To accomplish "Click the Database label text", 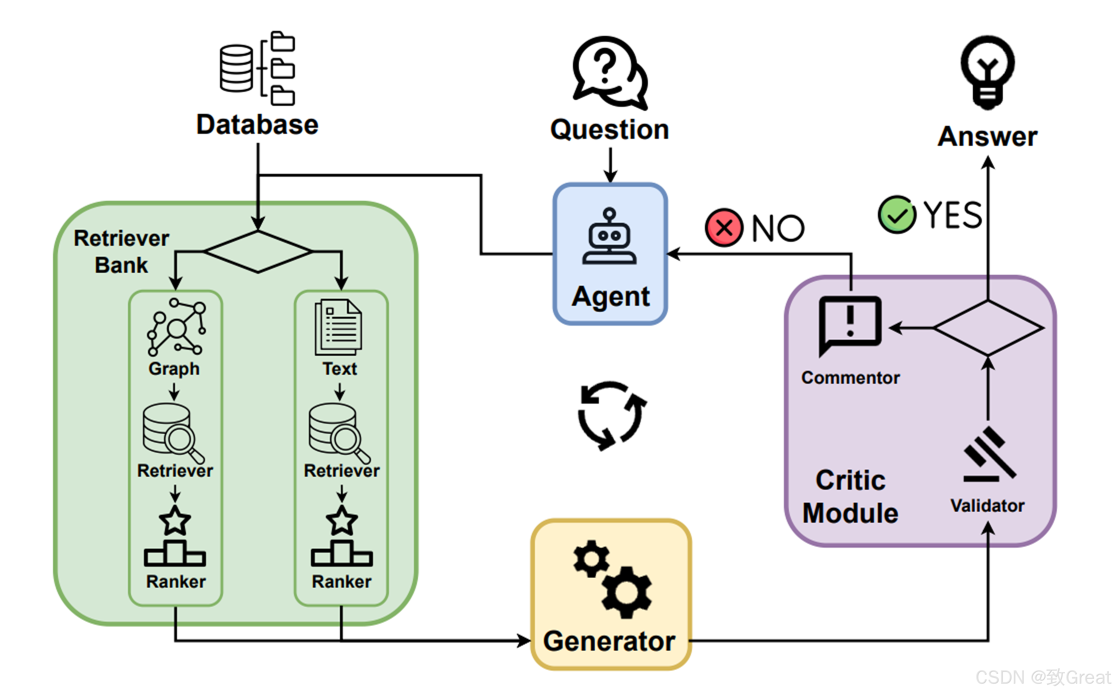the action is (257, 125).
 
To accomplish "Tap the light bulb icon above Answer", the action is (988, 72).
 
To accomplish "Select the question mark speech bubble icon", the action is (610, 73).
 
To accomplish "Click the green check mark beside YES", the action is (897, 214).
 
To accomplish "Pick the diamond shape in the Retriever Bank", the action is (258, 252).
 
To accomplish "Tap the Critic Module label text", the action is (850, 496).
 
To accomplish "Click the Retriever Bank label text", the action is (121, 252).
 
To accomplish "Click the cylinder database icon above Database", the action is (236, 68).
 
